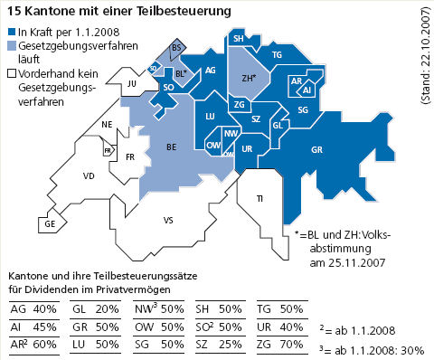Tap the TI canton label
[x=260, y=198]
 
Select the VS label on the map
[x=168, y=220]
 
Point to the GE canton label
[x=49, y=223]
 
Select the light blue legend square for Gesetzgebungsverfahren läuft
[x=10, y=47]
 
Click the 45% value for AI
[x=44, y=327]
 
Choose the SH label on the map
[x=238, y=40]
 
